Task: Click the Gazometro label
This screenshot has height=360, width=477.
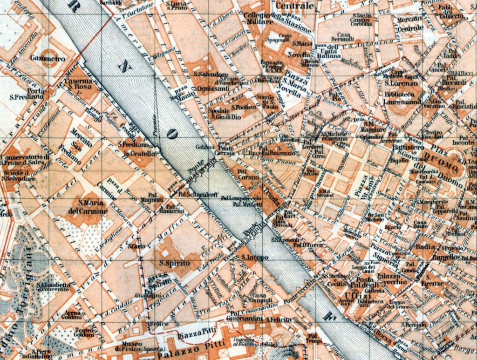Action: [x=48, y=59]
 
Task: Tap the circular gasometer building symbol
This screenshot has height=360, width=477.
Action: [x=50, y=51]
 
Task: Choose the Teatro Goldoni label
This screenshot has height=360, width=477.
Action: [x=84, y=332]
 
